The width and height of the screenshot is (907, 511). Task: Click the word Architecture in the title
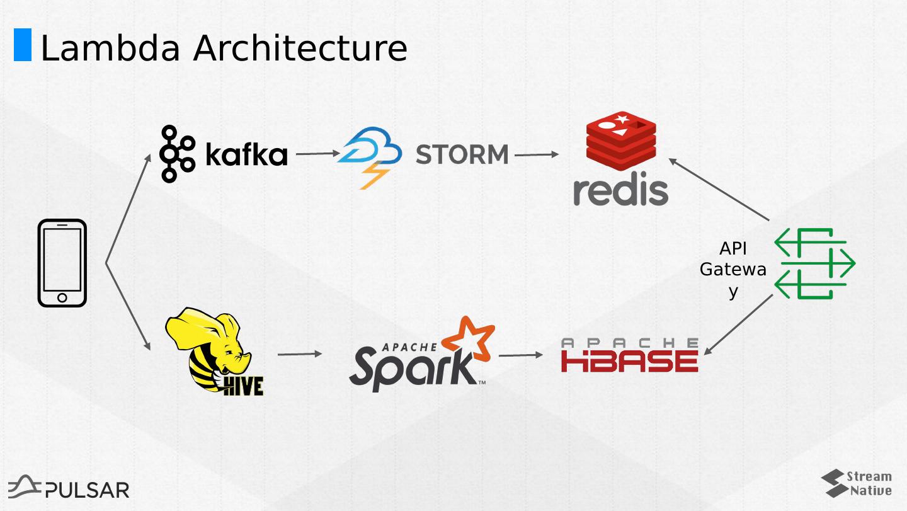click(x=300, y=48)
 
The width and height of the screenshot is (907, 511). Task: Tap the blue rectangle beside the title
click(x=23, y=45)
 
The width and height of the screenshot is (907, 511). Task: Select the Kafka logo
click(x=223, y=154)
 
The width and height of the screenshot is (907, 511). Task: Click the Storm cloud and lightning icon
click(x=369, y=157)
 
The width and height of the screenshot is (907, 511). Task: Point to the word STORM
click(x=462, y=154)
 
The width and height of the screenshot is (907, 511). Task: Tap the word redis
click(x=620, y=190)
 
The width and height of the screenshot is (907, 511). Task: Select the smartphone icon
click(x=62, y=263)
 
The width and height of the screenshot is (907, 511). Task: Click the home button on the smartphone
click(x=62, y=297)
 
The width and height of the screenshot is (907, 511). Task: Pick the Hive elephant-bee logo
click(x=215, y=351)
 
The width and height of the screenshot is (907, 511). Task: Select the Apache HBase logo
click(x=629, y=355)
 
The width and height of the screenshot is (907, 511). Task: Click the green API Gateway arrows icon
click(x=814, y=263)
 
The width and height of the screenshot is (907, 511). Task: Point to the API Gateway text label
click(x=733, y=270)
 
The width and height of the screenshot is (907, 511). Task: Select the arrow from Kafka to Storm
click(x=317, y=153)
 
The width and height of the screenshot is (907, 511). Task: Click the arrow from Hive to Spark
click(x=300, y=354)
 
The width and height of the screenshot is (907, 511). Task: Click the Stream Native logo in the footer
click(x=857, y=483)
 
